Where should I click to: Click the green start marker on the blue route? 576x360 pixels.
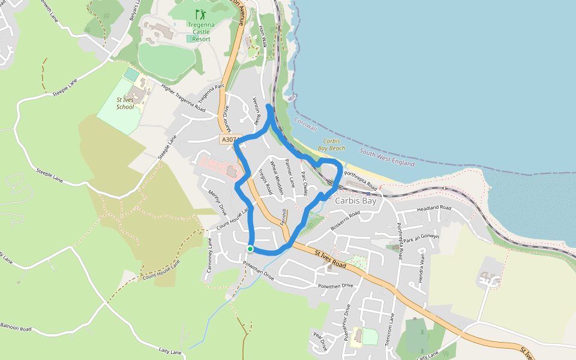[250, 248]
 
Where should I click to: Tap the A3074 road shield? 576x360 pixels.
[229, 139]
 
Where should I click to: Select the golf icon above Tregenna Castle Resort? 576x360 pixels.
[199, 13]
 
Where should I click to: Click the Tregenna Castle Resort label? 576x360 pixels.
[199, 32]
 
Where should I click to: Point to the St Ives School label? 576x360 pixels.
[125, 103]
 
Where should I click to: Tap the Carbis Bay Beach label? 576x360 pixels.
[331, 144]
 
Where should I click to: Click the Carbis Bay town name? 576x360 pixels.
[355, 201]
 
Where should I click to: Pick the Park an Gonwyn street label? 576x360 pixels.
[422, 237]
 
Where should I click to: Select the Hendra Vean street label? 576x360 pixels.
[422, 262]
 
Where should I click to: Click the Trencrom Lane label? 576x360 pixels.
[391, 327]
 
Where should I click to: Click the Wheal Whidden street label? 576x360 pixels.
[276, 177]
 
